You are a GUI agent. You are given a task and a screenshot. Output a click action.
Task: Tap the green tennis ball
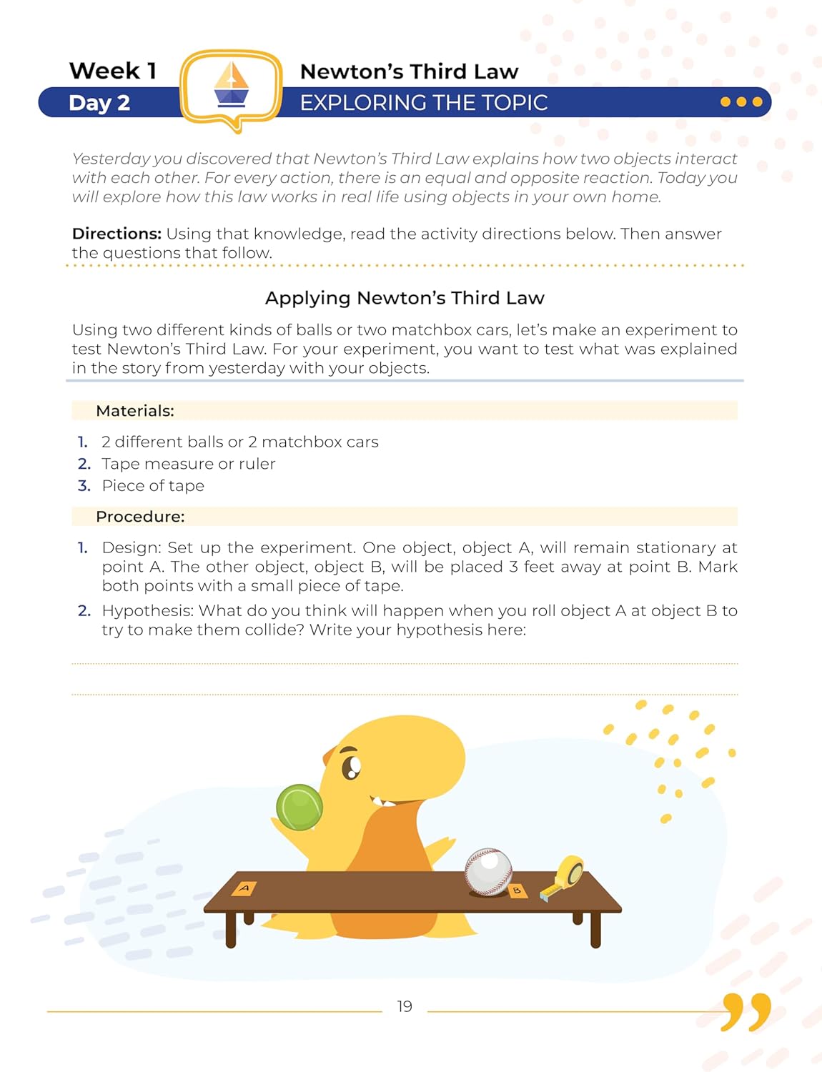299,807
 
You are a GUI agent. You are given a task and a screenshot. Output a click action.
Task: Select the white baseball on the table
488,871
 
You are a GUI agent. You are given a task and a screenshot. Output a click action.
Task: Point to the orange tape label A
244,888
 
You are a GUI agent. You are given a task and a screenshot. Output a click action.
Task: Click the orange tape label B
517,890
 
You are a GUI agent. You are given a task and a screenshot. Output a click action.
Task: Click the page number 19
405,1006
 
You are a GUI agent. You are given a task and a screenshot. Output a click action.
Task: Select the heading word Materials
135,411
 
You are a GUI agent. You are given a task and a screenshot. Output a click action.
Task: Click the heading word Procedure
140,517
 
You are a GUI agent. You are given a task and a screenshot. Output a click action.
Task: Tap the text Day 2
99,103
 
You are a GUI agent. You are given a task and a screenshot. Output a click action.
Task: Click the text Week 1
113,71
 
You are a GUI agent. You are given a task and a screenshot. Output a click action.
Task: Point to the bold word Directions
117,234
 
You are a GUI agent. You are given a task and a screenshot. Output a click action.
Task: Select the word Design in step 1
132,548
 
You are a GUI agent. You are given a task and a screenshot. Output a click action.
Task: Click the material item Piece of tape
153,486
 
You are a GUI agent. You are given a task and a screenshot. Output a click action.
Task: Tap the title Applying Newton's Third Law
405,298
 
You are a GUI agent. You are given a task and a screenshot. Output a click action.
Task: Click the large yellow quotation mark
746,1011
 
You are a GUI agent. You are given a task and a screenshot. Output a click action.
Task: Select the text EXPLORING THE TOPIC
423,103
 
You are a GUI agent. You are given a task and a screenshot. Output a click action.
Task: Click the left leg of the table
231,928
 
